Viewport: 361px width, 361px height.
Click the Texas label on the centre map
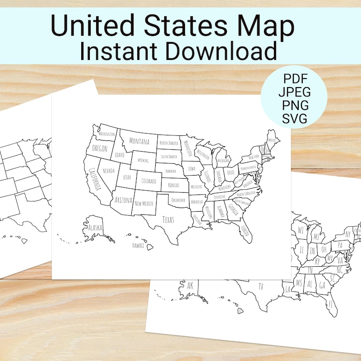point(168,220)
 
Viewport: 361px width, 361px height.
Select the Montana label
point(139,141)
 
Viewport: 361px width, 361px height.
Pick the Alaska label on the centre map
point(95,227)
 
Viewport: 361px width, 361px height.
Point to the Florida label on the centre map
point(244,231)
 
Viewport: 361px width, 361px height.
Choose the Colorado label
point(148,181)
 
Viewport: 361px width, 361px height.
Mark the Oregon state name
point(100,148)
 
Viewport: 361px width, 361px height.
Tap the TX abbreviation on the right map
point(260,286)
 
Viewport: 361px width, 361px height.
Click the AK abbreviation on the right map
point(190,285)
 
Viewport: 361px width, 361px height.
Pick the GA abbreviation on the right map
point(322,285)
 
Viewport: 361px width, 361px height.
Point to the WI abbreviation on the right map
point(301,231)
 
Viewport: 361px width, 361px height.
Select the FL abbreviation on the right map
point(331,304)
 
